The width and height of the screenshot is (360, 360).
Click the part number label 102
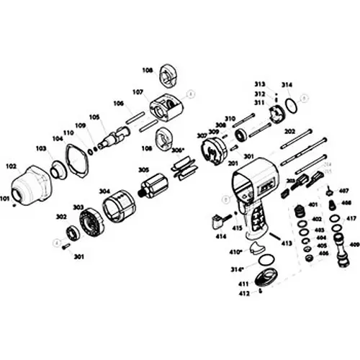pos(11,165)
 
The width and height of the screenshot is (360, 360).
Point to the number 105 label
pos(94,117)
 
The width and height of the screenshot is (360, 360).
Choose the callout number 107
pos(138,91)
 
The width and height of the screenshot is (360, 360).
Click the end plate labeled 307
pos(212,156)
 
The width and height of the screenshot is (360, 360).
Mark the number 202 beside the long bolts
pos(289,132)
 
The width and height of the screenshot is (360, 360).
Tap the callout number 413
pos(287,244)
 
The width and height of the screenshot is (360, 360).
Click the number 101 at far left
pos(5,198)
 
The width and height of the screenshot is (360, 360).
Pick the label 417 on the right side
pos(351,218)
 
